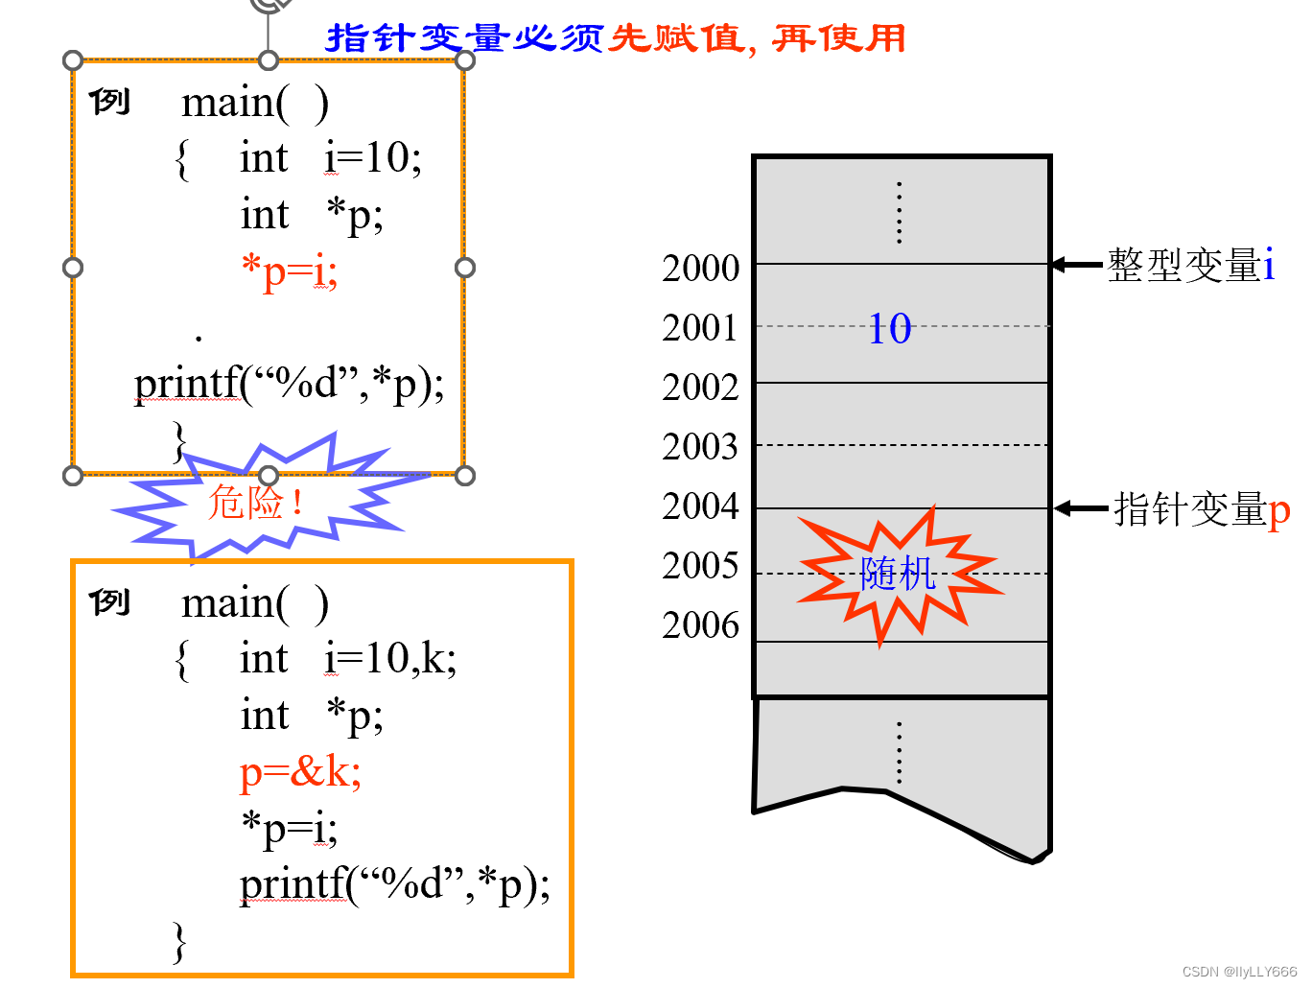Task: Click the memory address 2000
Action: coord(700,269)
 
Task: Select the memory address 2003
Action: coord(700,447)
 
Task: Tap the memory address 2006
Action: coord(700,625)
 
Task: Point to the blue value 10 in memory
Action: coord(890,329)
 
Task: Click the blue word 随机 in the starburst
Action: coord(898,574)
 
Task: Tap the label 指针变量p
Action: coord(1202,509)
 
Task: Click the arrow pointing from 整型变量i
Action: coord(1077,265)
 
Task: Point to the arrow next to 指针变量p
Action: coord(1081,508)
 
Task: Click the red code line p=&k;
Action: coord(300,771)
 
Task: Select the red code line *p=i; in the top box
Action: coord(289,271)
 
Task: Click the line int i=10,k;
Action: coord(347,659)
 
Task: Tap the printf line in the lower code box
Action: coord(394,883)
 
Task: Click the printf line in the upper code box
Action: coord(289,384)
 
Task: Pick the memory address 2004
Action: coord(700,506)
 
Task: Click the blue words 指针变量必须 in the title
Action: coord(464,38)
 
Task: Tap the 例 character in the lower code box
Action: coord(109,602)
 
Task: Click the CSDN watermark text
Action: coord(1239,972)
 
